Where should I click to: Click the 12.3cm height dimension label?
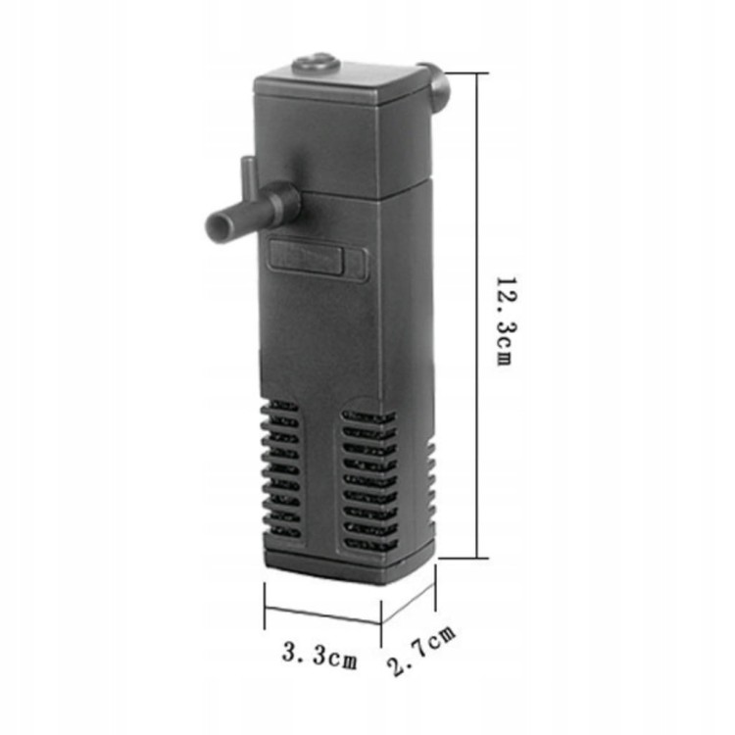tap(506, 320)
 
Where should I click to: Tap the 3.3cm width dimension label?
tap(319, 655)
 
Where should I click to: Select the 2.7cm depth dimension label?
tap(420, 651)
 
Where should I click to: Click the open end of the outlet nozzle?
tap(218, 225)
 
